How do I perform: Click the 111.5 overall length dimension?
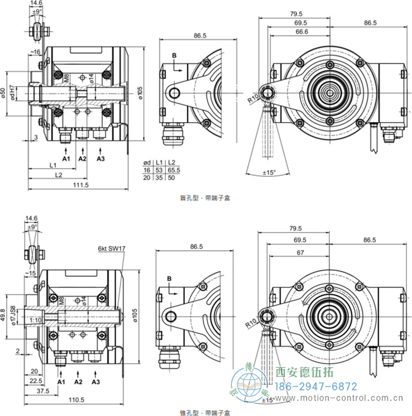point(81,186)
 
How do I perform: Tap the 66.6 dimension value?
point(301,32)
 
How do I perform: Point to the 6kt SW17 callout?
point(112,249)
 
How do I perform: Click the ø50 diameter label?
point(4,93)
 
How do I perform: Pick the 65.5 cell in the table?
point(172,169)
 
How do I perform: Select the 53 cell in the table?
point(159,169)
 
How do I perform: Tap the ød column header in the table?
point(148,162)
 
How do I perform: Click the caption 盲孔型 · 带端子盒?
point(205,198)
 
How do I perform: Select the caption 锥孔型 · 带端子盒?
point(205,413)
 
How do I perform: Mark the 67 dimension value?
point(300,252)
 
